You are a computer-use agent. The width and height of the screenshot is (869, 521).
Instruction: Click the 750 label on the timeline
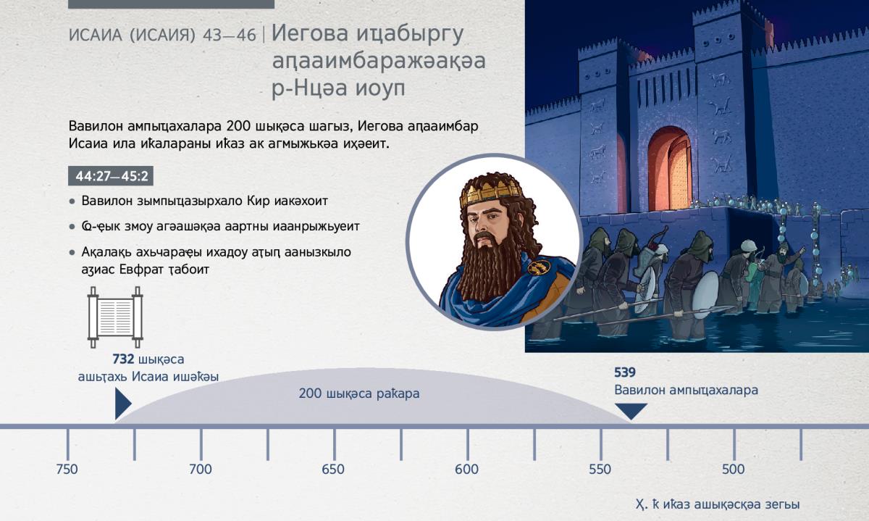pyautogui.click(x=67, y=470)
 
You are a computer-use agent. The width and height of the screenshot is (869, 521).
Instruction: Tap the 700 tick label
pyautogui.click(x=201, y=470)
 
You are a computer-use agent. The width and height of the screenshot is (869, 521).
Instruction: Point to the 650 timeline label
pyautogui.click(x=333, y=470)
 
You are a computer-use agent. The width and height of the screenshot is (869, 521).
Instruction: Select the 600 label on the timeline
pyautogui.click(x=466, y=470)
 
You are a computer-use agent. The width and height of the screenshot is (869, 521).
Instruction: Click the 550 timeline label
pyautogui.click(x=600, y=470)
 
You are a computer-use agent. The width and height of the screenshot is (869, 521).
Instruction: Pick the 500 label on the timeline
pyautogui.click(x=733, y=470)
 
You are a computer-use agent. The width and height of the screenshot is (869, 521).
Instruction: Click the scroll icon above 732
pyautogui.click(x=115, y=317)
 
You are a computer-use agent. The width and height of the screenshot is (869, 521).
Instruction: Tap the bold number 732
pyautogui.click(x=123, y=359)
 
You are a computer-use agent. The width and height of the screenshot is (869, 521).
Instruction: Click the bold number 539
pyautogui.click(x=625, y=372)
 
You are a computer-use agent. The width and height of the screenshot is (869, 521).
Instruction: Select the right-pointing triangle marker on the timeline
pyautogui.click(x=122, y=404)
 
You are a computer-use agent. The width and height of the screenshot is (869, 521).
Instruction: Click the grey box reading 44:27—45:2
pyautogui.click(x=111, y=176)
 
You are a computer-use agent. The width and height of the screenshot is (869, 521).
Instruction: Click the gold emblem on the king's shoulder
pyautogui.click(x=539, y=267)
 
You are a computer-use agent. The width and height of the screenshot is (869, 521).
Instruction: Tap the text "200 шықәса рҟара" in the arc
pyautogui.click(x=359, y=393)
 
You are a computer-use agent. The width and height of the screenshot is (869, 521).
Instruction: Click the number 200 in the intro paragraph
pyautogui.click(x=238, y=126)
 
